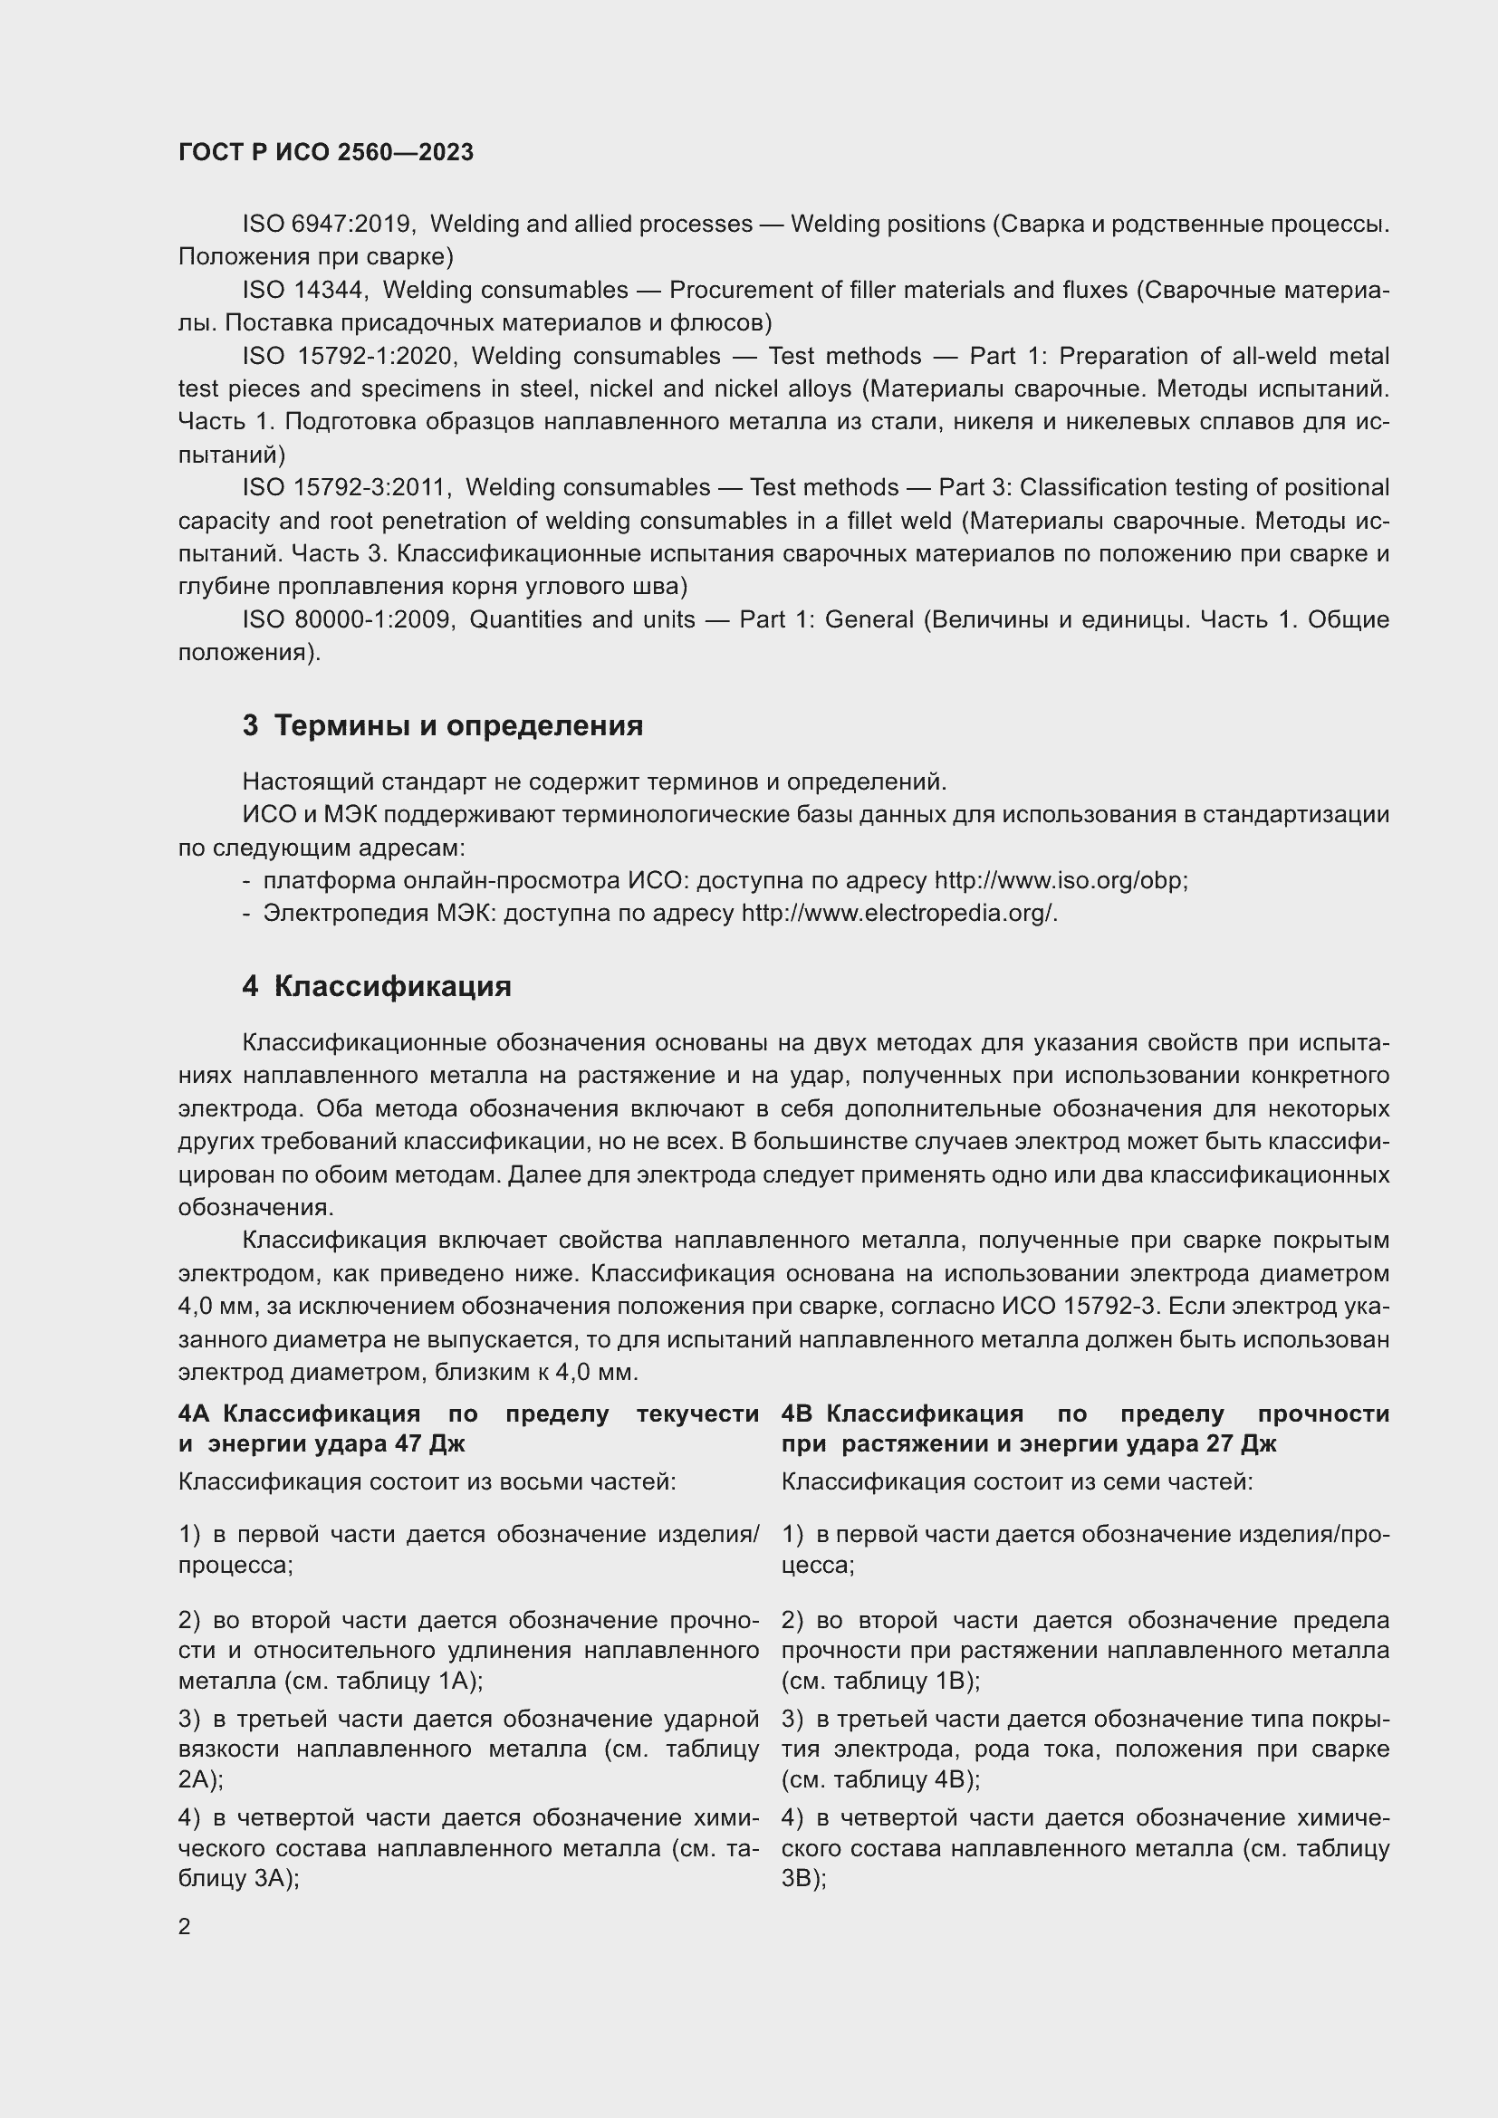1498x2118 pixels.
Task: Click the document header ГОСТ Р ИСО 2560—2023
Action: pos(326,152)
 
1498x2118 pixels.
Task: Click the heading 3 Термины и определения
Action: pos(443,726)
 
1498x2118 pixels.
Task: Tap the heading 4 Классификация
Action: pos(377,987)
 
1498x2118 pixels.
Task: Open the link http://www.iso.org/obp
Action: pos(1060,881)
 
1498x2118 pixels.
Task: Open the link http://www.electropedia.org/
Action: pos(898,915)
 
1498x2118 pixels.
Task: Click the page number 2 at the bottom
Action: pos(185,1927)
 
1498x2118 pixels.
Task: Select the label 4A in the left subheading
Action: pos(196,1414)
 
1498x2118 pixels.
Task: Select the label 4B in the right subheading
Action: pos(798,1414)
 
